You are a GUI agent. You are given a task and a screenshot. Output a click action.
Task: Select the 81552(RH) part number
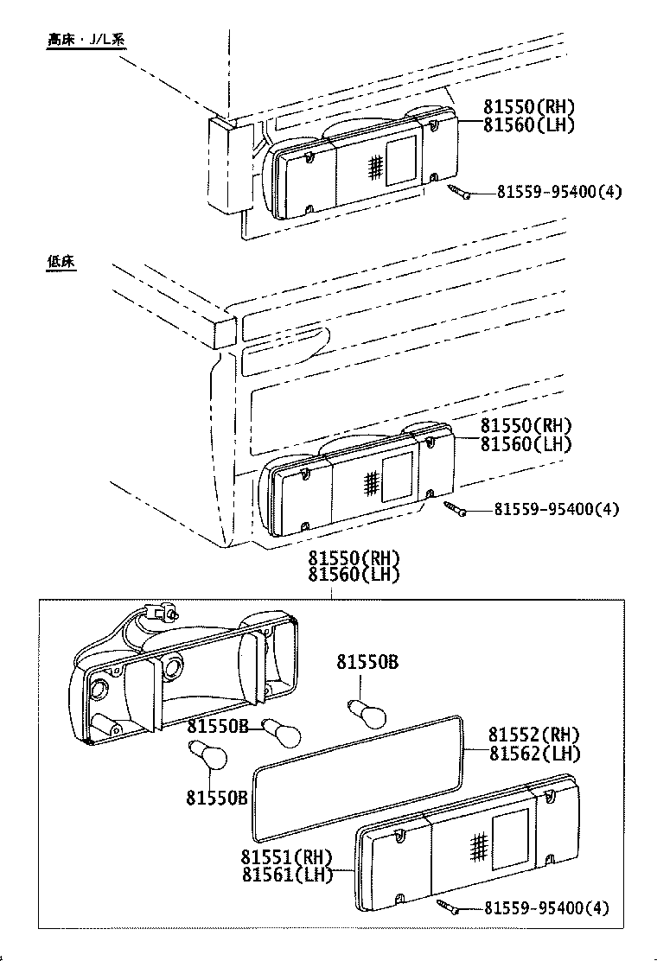pos(533,735)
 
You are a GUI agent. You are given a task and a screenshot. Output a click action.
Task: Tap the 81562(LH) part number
pos(533,753)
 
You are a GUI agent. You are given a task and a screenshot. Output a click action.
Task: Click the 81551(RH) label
pos(287,857)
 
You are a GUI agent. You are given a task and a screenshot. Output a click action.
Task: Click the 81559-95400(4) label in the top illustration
pos(558,192)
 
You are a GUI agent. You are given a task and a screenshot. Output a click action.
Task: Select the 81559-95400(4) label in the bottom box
pos(546,907)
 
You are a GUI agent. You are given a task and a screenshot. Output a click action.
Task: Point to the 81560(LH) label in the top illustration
pos(528,124)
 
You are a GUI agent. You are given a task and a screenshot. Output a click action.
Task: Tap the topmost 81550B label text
pos(367,662)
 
